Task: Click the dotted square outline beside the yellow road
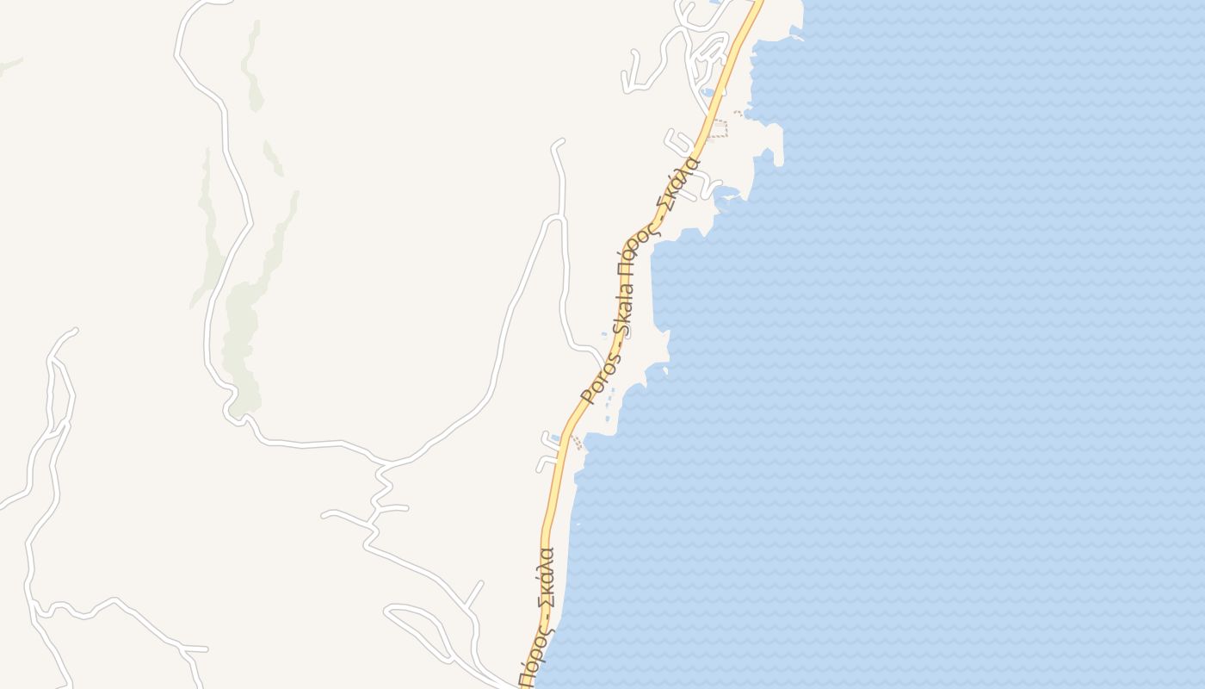click(x=719, y=129)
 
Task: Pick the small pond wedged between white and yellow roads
click(x=707, y=91)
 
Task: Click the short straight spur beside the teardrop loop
click(x=473, y=594)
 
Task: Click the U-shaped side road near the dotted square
click(x=676, y=142)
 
